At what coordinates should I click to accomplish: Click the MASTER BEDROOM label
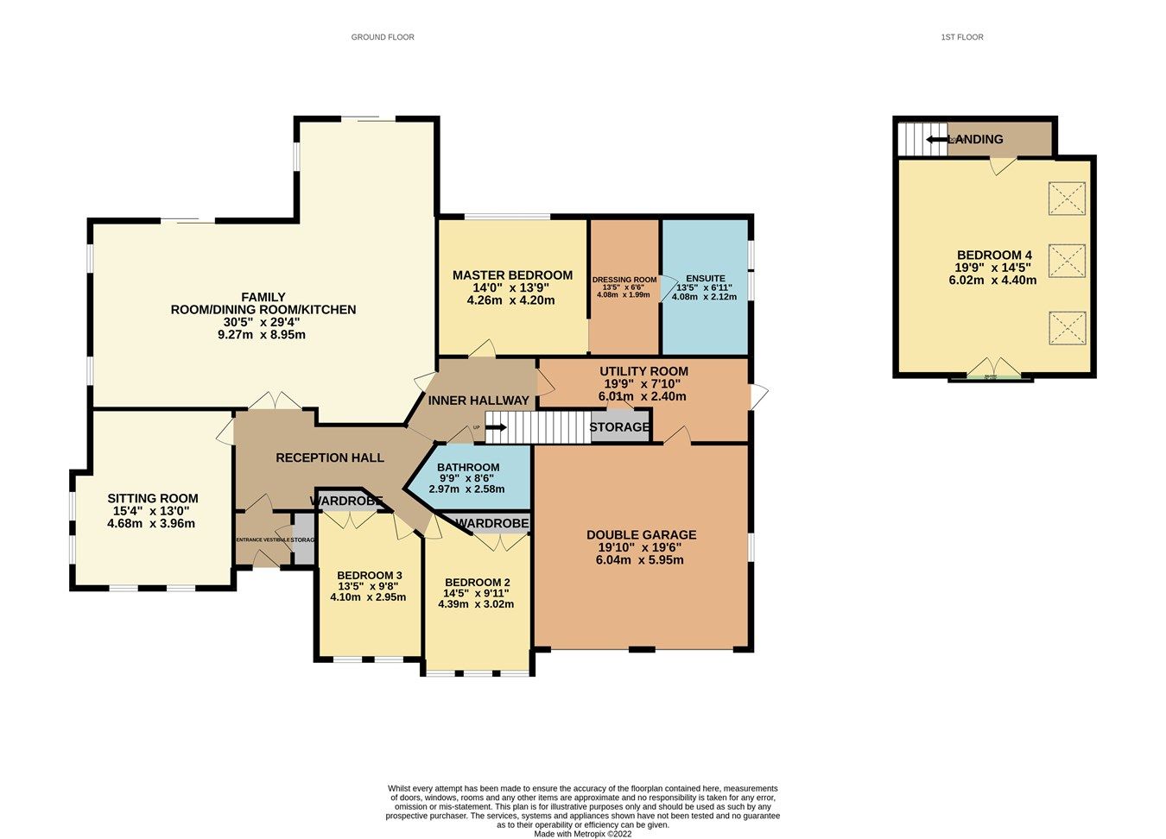point(512,275)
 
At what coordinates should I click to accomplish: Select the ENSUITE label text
point(706,279)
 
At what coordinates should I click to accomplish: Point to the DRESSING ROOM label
point(624,280)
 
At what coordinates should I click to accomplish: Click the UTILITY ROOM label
point(643,371)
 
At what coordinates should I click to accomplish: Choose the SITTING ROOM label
point(152,498)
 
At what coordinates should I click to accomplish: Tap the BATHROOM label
point(467,467)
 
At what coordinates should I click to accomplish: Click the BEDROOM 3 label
point(370,576)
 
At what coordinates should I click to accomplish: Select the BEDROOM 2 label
point(476,583)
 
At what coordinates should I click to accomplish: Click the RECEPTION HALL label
point(330,457)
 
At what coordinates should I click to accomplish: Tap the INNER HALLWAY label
point(478,401)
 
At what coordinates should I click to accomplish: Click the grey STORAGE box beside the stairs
point(619,427)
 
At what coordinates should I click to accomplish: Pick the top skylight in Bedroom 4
point(1067,198)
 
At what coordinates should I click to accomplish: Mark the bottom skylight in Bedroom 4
point(1067,328)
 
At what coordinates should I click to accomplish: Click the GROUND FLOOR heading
point(383,37)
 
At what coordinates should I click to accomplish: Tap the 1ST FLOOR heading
point(962,37)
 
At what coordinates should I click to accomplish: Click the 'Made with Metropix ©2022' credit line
point(583,834)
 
